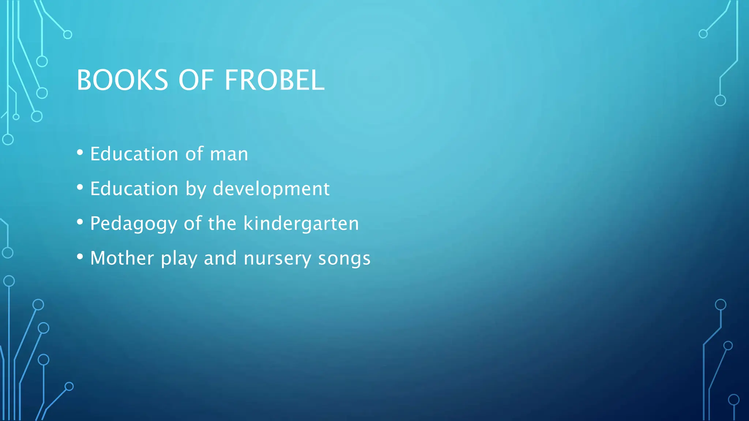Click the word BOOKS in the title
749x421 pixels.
[x=122, y=80]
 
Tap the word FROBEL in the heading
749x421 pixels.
[x=274, y=80]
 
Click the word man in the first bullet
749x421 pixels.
[x=229, y=154]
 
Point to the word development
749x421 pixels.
[x=271, y=189]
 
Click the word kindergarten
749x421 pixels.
[x=301, y=223]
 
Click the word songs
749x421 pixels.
[x=344, y=259]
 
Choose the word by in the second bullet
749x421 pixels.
[x=196, y=189]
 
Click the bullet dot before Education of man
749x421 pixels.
[x=80, y=153]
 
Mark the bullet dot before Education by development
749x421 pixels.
[x=80, y=187]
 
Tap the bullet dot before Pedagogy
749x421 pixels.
[x=80, y=222]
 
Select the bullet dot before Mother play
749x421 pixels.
[x=80, y=257]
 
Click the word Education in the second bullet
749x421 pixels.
[x=134, y=189]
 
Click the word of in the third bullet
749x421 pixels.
[x=192, y=223]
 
